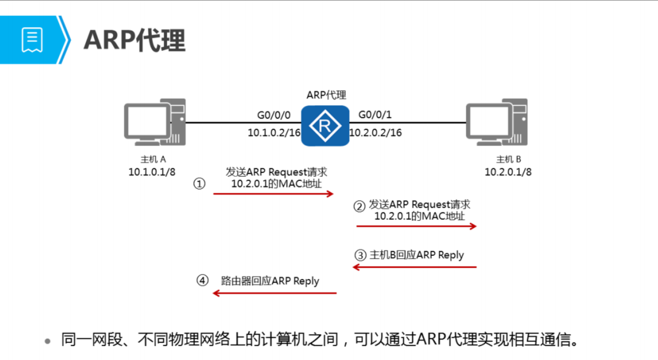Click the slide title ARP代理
tap(134, 40)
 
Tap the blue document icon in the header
tap(31, 40)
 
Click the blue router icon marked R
tap(325, 125)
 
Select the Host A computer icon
tap(154, 123)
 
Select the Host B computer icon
tap(497, 123)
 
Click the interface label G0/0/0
tap(274, 115)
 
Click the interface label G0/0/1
tap(376, 115)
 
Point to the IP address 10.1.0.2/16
tap(274, 133)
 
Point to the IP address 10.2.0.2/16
tap(376, 133)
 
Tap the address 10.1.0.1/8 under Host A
tap(152, 172)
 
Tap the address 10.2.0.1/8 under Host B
tap(508, 172)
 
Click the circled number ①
tap(199, 183)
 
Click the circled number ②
tap(359, 206)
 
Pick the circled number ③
tap(360, 255)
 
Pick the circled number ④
tap(203, 281)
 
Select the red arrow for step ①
tap(273, 194)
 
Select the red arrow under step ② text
tap(416, 226)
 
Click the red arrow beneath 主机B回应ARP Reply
tap(415, 267)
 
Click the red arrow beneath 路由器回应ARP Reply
tap(274, 293)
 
